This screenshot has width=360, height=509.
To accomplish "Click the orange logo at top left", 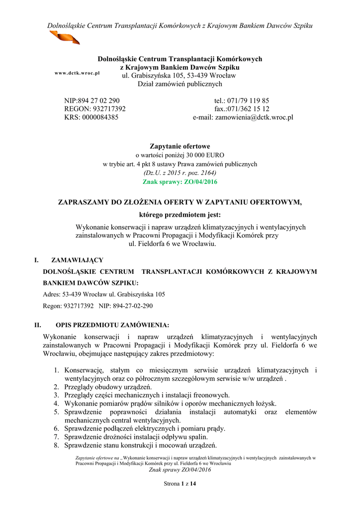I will (x=64, y=37).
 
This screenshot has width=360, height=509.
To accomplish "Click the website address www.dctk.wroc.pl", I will (x=77, y=73).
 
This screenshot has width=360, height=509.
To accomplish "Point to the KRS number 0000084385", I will (x=99, y=118).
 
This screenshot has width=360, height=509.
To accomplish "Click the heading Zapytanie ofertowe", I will (x=180, y=146).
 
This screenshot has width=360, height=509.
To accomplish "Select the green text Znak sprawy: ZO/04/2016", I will (x=180, y=182).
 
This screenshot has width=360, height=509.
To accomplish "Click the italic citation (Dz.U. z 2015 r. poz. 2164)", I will (x=180, y=172).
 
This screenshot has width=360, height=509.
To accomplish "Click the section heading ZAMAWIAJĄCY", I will (x=77, y=260).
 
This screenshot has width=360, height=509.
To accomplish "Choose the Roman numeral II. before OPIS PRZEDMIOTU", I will (x=37, y=326).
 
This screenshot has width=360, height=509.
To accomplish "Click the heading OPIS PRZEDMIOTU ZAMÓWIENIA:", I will (x=112, y=326).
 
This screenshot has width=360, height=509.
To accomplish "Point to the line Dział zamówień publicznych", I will (x=180, y=85).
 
